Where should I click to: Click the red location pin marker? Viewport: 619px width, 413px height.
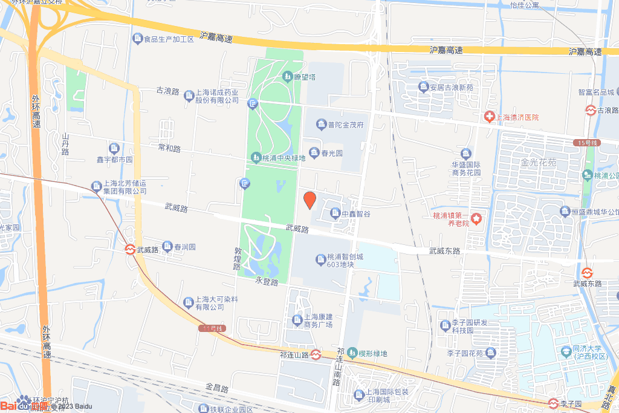(309, 200)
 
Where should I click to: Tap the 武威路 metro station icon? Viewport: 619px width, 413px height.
(130, 249)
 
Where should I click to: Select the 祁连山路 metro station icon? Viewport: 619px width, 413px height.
(316, 355)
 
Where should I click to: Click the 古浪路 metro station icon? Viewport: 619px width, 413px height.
(590, 111)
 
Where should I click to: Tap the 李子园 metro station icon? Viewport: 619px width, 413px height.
(553, 403)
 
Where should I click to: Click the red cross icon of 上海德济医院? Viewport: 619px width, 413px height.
(488, 117)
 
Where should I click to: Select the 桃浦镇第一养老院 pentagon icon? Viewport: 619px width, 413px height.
(477, 217)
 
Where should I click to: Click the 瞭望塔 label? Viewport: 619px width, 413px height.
(305, 77)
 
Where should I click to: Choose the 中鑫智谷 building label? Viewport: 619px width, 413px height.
(355, 213)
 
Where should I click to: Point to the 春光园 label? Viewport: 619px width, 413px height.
(332, 153)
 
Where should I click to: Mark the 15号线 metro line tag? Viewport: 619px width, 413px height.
(586, 143)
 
